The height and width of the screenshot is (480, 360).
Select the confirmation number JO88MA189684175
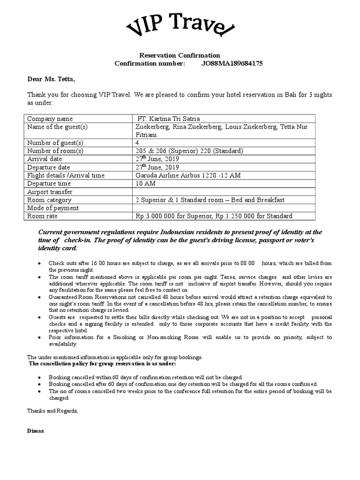(x=229, y=63)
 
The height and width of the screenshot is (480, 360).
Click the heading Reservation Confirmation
(x=180, y=55)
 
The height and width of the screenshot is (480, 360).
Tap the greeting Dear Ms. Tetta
(x=51, y=78)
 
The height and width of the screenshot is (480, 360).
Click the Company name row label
(x=50, y=119)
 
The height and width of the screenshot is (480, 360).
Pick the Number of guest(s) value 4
(x=137, y=142)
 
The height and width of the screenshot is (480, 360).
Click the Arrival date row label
(x=45, y=159)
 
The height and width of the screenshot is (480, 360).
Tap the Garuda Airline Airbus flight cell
(x=187, y=175)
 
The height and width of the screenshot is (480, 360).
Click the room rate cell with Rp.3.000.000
(x=214, y=216)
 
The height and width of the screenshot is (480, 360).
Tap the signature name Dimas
(x=36, y=431)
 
